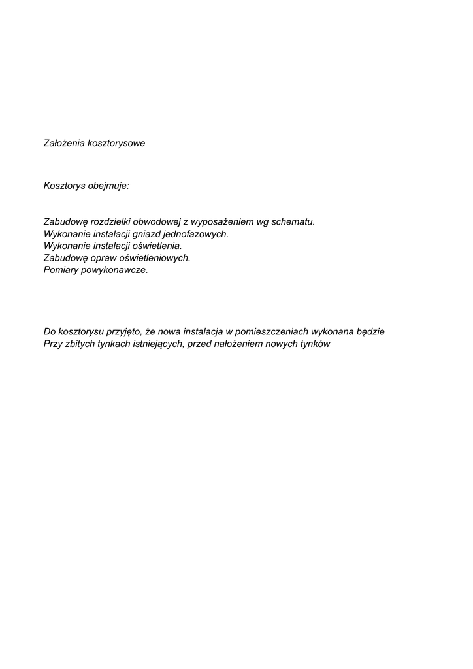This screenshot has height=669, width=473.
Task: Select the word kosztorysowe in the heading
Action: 116,144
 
